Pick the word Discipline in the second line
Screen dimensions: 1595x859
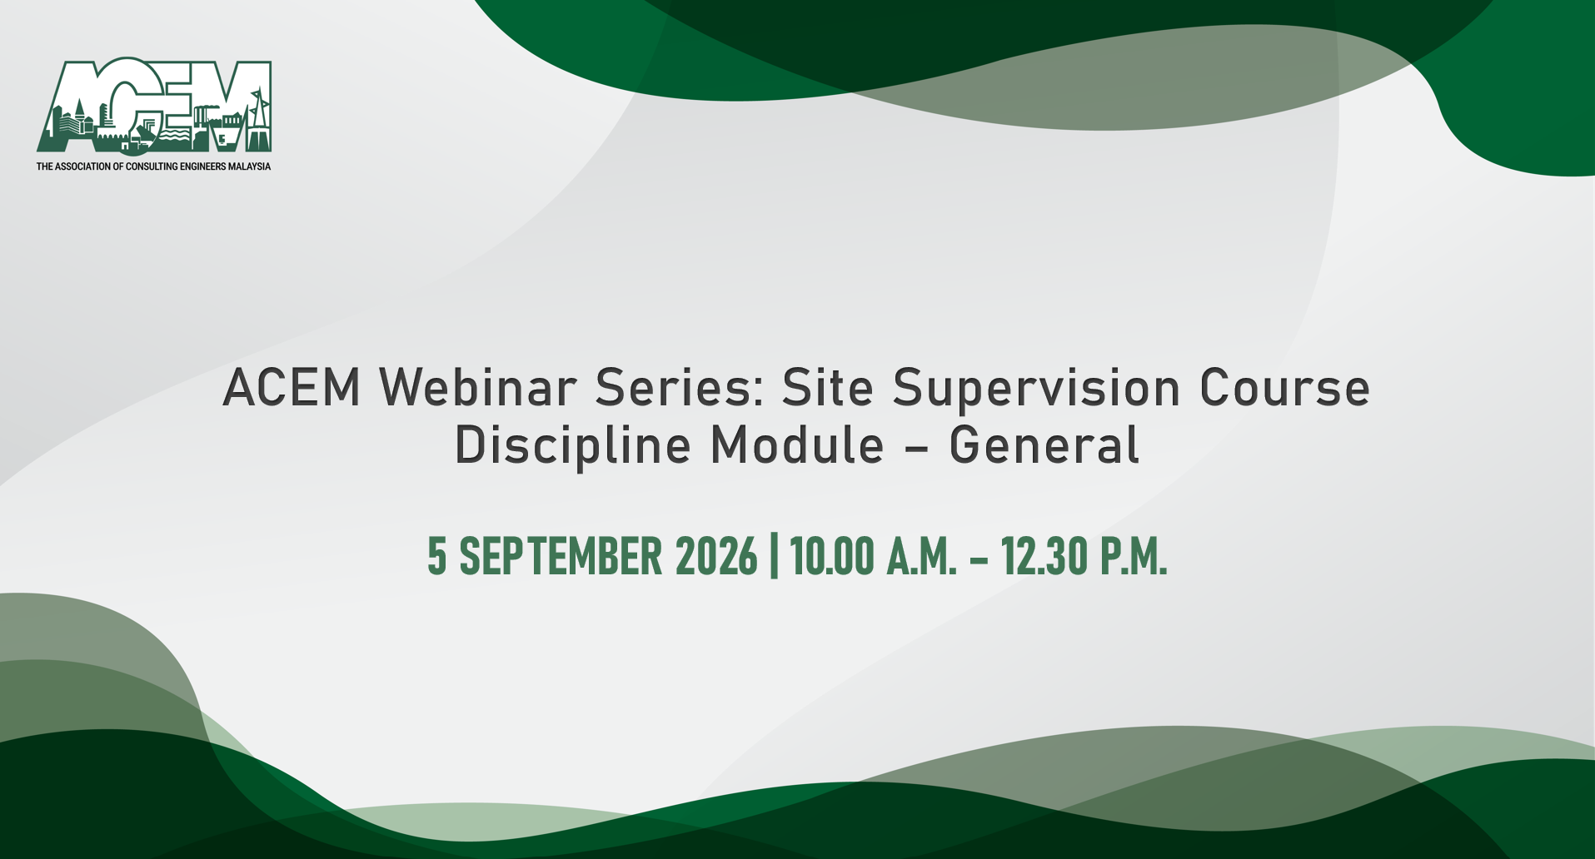tap(572, 446)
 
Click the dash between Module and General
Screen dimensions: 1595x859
tap(916, 448)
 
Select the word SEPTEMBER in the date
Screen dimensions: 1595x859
tap(561, 556)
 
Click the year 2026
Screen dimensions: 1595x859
tap(716, 556)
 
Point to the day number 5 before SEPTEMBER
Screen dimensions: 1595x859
tap(437, 556)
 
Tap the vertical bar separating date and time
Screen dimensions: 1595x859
tap(775, 556)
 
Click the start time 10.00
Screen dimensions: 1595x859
tap(832, 556)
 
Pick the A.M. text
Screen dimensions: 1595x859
tap(922, 556)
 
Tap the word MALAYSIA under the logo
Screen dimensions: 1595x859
tap(249, 166)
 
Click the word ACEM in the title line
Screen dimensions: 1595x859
tap(292, 388)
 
